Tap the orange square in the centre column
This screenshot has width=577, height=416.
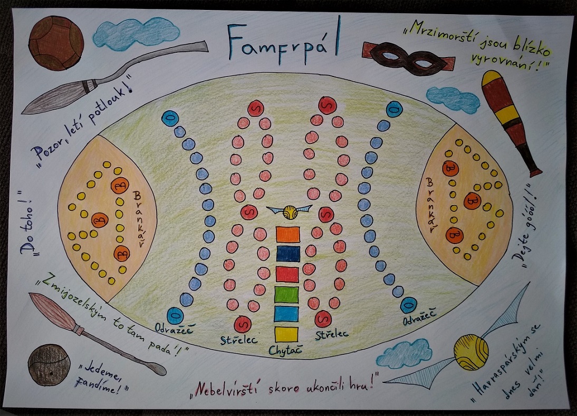[288, 234]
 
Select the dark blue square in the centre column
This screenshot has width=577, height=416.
[288, 254]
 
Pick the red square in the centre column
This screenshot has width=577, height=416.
[287, 274]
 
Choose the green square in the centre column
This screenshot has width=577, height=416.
[286, 295]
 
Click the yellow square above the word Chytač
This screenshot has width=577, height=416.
[286, 334]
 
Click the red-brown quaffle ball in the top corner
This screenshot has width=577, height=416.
[56, 43]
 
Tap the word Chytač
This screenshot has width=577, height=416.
[285, 350]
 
